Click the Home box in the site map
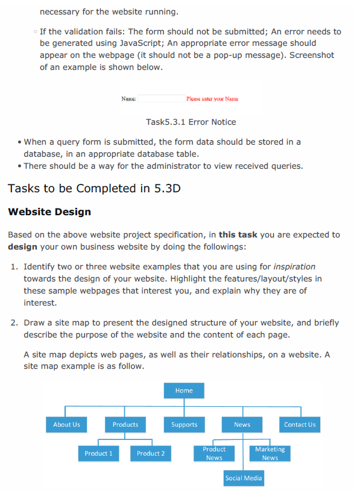[x=184, y=391]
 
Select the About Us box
[x=66, y=424]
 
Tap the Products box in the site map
[x=125, y=424]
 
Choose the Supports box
[x=184, y=424]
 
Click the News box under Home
[x=242, y=424]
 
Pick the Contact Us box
[x=300, y=424]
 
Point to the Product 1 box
[x=98, y=453]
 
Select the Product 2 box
[x=151, y=453]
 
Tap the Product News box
[x=214, y=453]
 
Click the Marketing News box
[x=270, y=453]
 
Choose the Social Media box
[x=243, y=478]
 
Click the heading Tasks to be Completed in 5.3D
[x=94, y=189]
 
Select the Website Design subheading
[x=49, y=212]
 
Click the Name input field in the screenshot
[x=160, y=98]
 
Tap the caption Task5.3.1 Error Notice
[x=191, y=122]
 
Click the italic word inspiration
[x=294, y=266]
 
